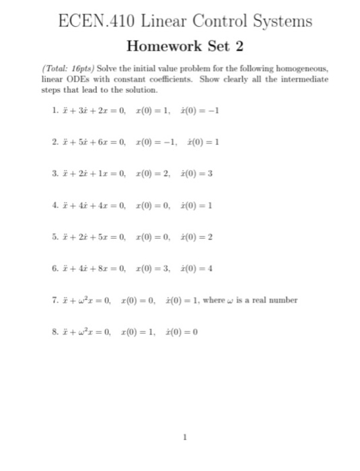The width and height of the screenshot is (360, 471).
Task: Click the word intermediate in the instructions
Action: pyautogui.click(x=303, y=79)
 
